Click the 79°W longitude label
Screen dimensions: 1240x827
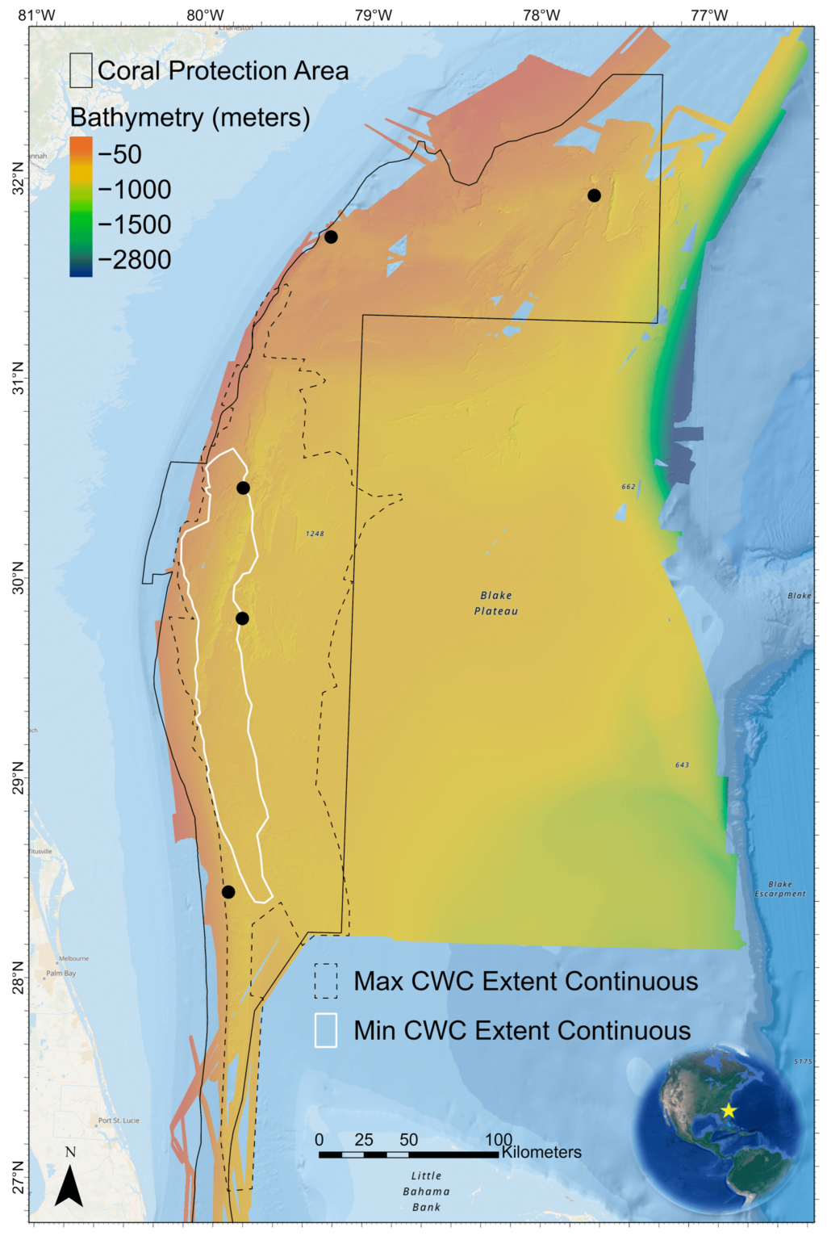(373, 15)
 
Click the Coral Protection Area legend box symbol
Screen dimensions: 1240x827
(81, 70)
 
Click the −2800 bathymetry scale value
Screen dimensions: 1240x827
(134, 260)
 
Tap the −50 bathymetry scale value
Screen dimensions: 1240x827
(119, 154)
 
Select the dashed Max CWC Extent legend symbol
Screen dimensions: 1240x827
(326, 981)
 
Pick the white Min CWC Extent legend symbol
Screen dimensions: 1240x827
(326, 1030)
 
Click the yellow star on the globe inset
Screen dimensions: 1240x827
(729, 1111)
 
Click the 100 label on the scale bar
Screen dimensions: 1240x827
(499, 1140)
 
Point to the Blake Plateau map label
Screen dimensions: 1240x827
(496, 603)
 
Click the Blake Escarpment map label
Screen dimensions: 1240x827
(780, 889)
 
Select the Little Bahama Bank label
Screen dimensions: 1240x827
(426, 1192)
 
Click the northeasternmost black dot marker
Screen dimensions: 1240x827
(594, 195)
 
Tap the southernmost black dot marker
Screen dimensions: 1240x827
(228, 892)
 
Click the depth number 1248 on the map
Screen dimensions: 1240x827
(315, 534)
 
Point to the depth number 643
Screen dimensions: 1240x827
(682, 765)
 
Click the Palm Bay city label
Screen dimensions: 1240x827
(61, 973)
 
